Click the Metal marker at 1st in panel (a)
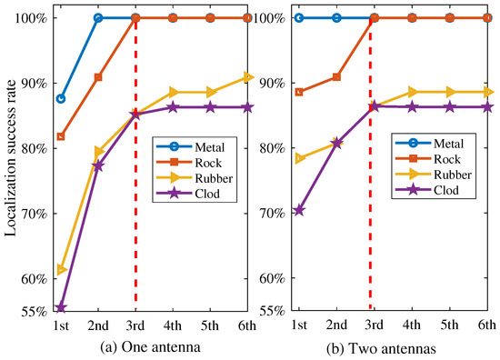(61, 98)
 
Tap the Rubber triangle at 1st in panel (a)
(61, 270)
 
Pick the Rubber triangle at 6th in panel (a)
(247, 77)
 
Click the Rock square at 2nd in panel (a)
(98, 77)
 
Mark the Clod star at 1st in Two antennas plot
(299, 210)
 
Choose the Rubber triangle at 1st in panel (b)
(299, 159)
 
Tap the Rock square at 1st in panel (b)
(299, 92)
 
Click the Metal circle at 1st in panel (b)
(299, 17)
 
